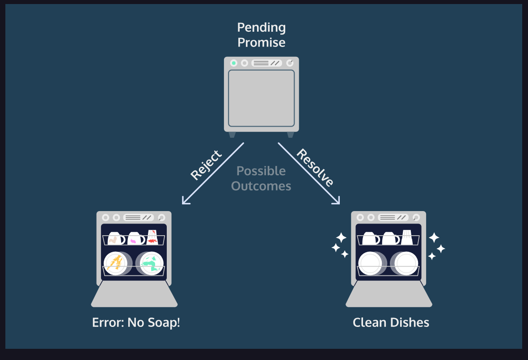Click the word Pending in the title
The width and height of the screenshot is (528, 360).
(x=261, y=28)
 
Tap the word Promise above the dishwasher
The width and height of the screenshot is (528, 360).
(x=261, y=42)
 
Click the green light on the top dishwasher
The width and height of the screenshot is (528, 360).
(x=233, y=63)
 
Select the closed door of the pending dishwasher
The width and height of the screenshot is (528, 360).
(x=261, y=98)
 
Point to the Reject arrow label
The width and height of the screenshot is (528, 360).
(x=206, y=165)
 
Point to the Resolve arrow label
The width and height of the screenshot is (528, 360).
(x=315, y=167)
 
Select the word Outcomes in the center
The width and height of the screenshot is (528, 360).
(x=261, y=186)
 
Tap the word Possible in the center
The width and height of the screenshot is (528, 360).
(x=261, y=171)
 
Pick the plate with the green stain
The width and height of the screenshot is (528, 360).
(x=151, y=263)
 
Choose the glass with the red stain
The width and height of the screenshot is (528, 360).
(x=152, y=237)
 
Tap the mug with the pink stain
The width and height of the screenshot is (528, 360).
(x=135, y=239)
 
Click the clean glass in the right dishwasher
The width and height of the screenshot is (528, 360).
(x=407, y=237)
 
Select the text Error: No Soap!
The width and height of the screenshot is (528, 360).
(x=136, y=322)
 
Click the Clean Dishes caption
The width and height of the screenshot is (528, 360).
(x=391, y=322)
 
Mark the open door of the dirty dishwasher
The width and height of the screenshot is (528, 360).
(x=134, y=295)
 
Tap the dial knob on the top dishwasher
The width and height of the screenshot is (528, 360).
(x=289, y=63)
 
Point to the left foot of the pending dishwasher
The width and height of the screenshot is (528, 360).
(x=232, y=134)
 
